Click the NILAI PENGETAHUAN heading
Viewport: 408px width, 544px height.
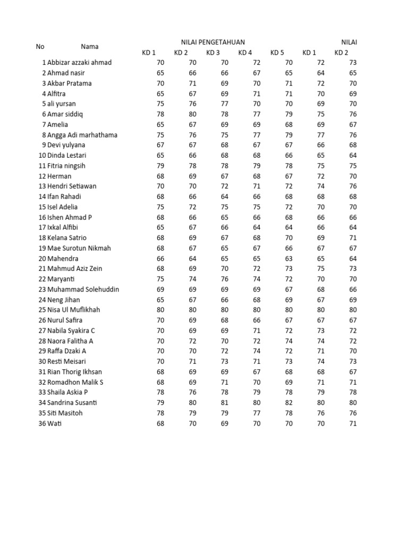(213, 42)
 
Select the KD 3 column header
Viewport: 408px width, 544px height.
(213, 53)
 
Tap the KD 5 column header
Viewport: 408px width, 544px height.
(277, 53)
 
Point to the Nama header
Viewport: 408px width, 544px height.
(90, 47)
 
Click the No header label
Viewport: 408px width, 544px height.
(40, 47)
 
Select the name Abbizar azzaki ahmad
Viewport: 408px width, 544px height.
(79, 63)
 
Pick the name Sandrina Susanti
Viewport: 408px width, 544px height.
(73, 403)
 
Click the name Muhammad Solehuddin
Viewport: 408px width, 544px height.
(83, 290)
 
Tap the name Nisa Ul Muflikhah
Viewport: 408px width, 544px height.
(73, 310)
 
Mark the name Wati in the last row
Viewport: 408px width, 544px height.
(54, 423)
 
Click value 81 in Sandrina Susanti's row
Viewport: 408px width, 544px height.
(225, 403)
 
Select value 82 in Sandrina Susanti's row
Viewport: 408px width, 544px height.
(288, 403)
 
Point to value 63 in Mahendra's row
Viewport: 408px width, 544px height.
(288, 259)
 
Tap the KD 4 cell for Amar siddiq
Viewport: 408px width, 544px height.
(257, 114)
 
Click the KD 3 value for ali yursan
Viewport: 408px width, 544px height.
(225, 104)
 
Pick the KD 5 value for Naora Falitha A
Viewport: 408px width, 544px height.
(288, 341)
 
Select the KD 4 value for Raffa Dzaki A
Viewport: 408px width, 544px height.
(257, 351)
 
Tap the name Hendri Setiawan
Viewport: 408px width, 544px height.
(72, 186)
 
